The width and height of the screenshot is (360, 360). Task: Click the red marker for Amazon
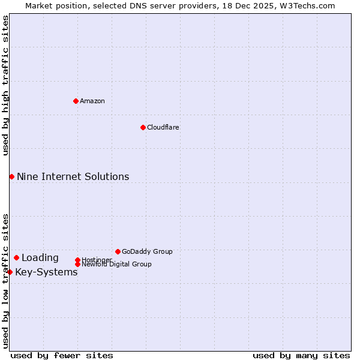pos(76,101)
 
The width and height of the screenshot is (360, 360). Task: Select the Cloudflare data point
pos(143,127)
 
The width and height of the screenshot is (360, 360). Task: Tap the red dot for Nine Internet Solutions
pos(11,176)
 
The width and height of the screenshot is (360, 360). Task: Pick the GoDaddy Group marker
pos(118,251)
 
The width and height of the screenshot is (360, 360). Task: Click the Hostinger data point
pos(77,260)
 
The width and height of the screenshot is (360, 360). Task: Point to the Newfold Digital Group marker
pos(77,264)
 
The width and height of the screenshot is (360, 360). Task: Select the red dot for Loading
pos(16,257)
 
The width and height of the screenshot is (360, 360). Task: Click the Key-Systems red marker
pos(10,272)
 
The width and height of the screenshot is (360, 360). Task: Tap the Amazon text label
pos(92,101)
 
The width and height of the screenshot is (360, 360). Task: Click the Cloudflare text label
pos(163,127)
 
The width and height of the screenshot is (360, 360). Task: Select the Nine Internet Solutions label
pos(73,176)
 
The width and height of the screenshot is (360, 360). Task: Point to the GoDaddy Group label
pos(147,251)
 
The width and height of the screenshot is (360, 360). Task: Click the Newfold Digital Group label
pos(116,264)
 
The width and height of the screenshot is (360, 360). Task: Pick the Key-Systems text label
pos(46,272)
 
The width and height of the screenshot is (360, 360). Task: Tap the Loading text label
pos(40,257)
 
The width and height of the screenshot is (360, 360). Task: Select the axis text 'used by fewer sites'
pos(62,355)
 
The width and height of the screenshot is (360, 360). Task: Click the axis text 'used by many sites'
pos(301,355)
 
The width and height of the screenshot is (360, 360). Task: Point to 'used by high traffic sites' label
pos(5,85)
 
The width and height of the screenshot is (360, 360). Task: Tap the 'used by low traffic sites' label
pos(5,281)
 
